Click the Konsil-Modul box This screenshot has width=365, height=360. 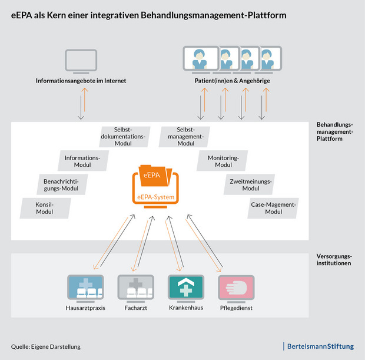point(45,207)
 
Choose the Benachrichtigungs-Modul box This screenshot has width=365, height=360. point(61,184)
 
